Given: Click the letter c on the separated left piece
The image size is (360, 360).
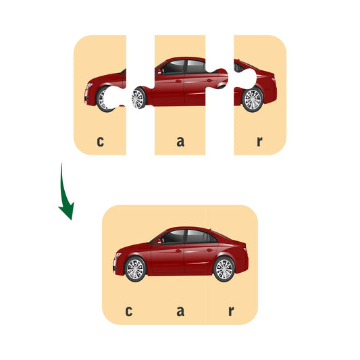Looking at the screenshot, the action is point(101,142).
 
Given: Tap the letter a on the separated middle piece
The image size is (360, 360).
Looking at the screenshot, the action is point(180,142).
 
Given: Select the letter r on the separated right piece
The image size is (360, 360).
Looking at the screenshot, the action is point(259,142).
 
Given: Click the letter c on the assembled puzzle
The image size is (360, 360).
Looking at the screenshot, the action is point(129,311).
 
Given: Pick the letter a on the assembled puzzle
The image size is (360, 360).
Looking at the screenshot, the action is point(180,311).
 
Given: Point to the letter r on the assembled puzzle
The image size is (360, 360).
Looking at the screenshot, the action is point(231,311).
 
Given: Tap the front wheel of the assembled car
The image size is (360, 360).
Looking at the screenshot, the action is point(135,269).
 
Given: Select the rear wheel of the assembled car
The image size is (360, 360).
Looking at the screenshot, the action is point(224,269).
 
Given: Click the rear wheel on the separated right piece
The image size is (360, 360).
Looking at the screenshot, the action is point(253,100).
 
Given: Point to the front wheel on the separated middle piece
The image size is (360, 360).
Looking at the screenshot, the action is point(138,98).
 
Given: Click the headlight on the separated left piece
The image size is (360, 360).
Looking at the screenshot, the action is point(89,86).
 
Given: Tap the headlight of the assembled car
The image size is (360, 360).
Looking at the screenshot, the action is point(118,255).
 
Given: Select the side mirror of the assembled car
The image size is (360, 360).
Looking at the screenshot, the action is point(159,242).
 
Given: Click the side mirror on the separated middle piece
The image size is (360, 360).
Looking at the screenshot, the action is point(159,72).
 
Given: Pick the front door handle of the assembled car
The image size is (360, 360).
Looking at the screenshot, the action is point(178,251).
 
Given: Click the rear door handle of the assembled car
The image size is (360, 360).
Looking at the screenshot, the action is point(209,250).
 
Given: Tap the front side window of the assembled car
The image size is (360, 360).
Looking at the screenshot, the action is point(173,236).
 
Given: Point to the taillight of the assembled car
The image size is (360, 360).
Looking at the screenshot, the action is point(245,249).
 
